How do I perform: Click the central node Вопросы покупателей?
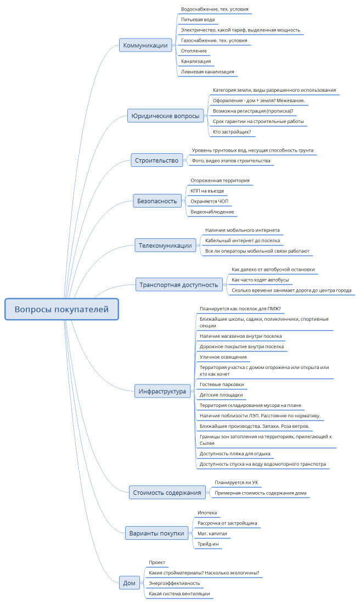click(61, 309)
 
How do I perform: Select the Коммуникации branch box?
click(145, 46)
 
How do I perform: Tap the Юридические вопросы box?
click(165, 116)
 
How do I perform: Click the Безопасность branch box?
click(157, 201)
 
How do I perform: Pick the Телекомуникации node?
click(165, 245)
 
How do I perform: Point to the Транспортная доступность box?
click(179, 284)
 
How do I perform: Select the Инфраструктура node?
click(163, 392)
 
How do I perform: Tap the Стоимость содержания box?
click(167, 493)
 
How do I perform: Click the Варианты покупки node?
click(156, 533)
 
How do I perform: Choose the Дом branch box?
click(129, 583)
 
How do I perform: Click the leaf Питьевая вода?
click(198, 20)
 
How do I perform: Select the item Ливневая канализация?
click(207, 71)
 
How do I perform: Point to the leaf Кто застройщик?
click(232, 132)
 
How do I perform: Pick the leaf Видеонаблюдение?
click(212, 211)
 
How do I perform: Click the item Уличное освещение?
click(223, 357)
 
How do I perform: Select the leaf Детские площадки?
click(221, 395)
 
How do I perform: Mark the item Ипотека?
click(207, 512)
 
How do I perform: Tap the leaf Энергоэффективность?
click(175, 583)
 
